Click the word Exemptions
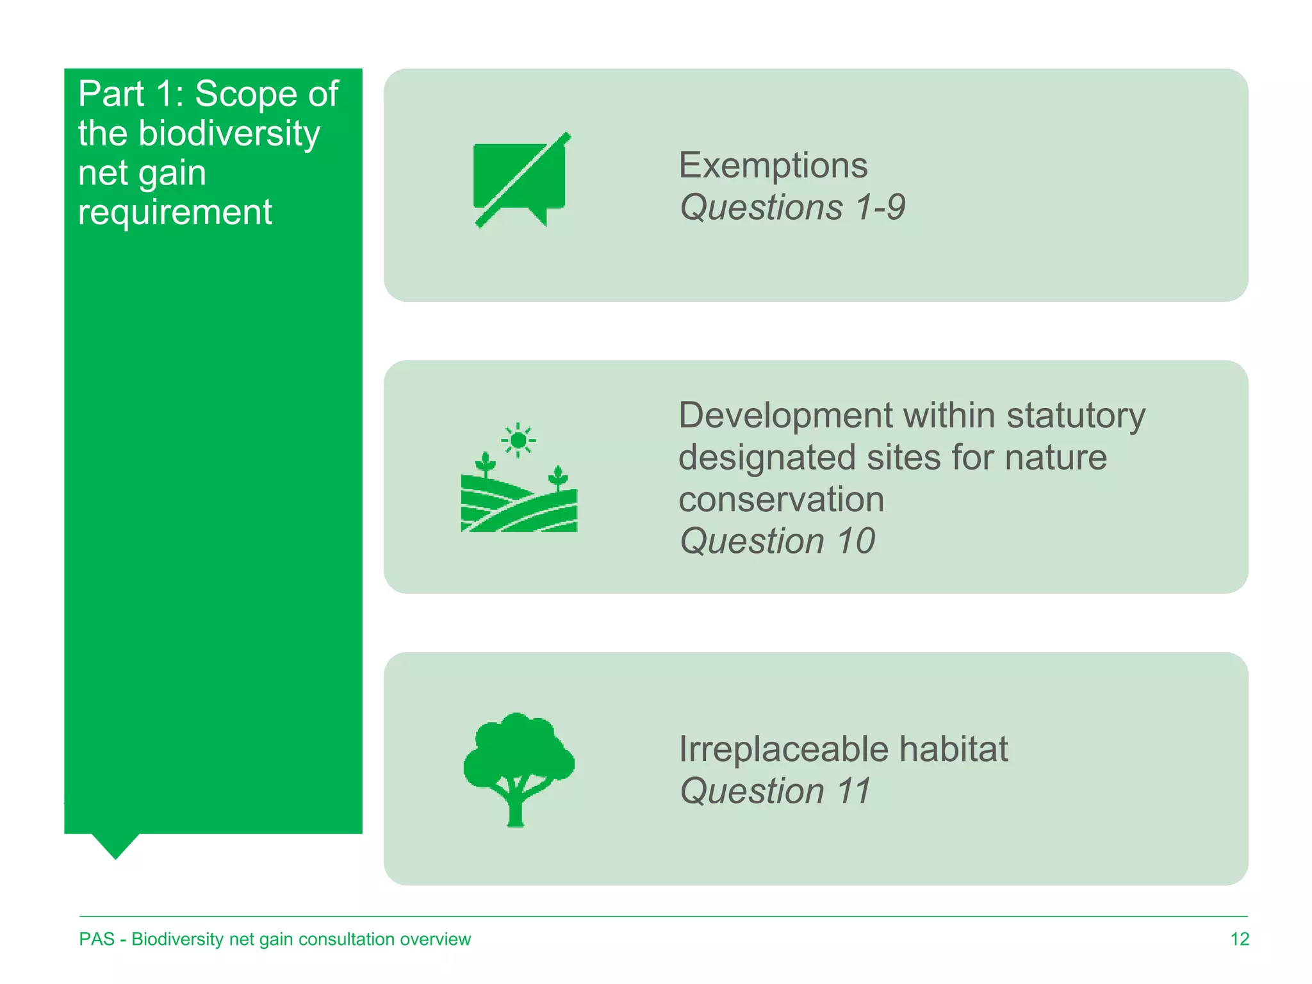[773, 166]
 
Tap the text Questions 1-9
[792, 208]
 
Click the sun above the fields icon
[518, 441]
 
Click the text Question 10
[777, 541]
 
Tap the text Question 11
[775, 791]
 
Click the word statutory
[1076, 416]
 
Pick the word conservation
[781, 500]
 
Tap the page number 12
[1240, 939]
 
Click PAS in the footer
[97, 939]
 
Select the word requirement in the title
[175, 212]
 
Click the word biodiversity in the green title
[229, 133]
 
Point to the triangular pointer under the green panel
[116, 845]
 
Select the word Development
[785, 416]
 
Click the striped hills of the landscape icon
[519, 509]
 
